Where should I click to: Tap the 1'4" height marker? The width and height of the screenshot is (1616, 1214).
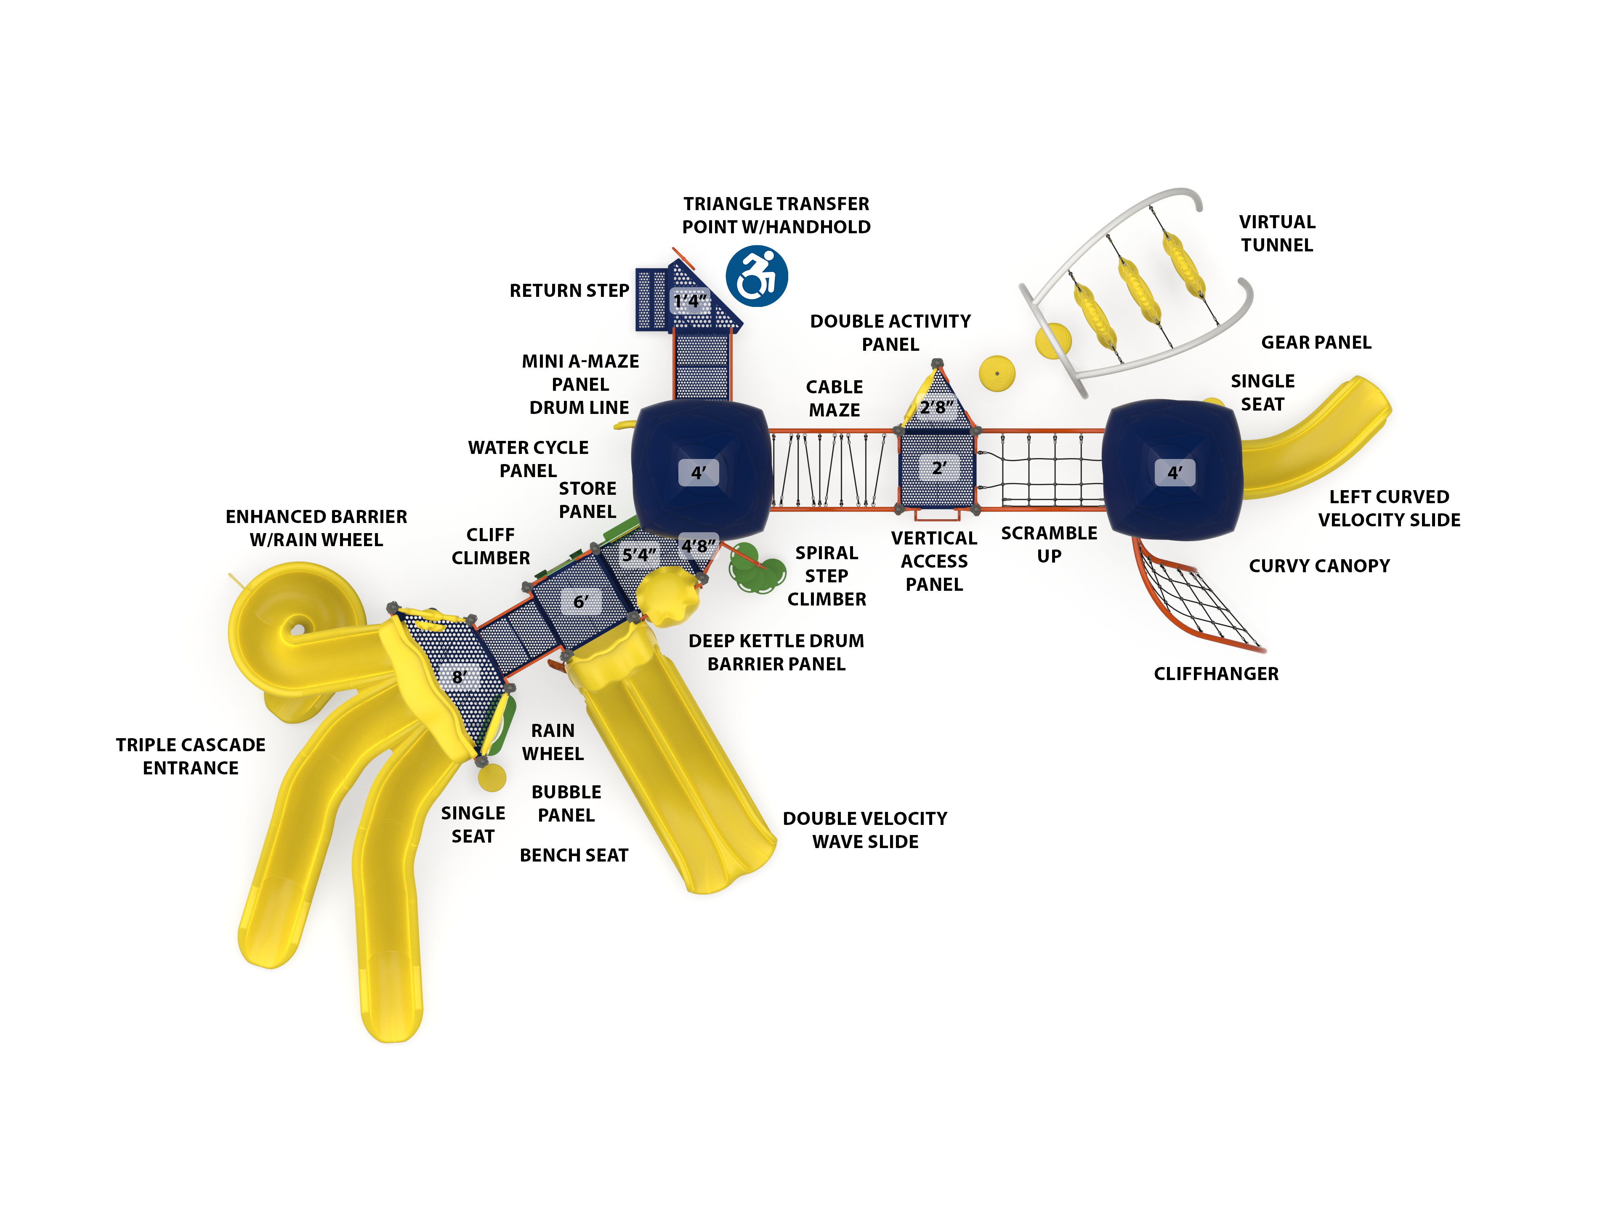point(690,301)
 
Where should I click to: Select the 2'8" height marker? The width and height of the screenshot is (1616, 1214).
point(937,407)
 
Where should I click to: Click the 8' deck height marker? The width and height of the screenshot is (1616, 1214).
point(459,677)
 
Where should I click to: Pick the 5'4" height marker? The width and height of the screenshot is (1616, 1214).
point(639,555)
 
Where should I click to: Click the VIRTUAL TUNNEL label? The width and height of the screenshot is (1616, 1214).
point(1277,233)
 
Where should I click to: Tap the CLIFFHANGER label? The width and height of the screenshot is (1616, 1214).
point(1216,674)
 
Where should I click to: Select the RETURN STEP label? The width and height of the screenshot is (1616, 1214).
point(569,291)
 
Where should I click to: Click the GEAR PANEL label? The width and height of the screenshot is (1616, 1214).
point(1316,342)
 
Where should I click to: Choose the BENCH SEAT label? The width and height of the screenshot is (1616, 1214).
point(574,855)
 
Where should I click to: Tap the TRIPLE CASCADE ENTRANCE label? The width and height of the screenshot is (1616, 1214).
point(191,756)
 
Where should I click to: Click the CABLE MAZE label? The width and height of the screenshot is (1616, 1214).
point(834,398)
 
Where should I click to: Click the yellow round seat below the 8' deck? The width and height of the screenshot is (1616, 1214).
point(492,777)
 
